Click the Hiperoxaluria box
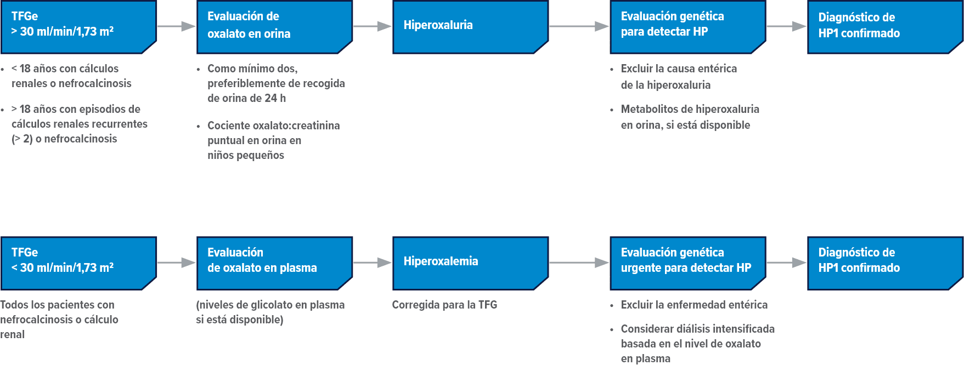[470, 26]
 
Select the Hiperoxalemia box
[470, 263]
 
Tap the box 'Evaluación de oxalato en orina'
[274, 26]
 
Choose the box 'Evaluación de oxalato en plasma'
[274, 263]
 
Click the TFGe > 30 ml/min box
[78, 26]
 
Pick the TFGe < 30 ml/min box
[78, 263]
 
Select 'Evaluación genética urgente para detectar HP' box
[687, 263]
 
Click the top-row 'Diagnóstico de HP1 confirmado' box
[884, 26]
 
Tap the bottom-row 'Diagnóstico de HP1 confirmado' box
[884, 263]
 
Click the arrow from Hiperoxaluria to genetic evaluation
[579, 26]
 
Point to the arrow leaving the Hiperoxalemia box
[579, 263]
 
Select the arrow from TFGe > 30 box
[176, 26]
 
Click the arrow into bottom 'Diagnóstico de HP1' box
[786, 263]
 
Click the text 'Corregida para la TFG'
[444, 305]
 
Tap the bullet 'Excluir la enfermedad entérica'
[694, 305]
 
